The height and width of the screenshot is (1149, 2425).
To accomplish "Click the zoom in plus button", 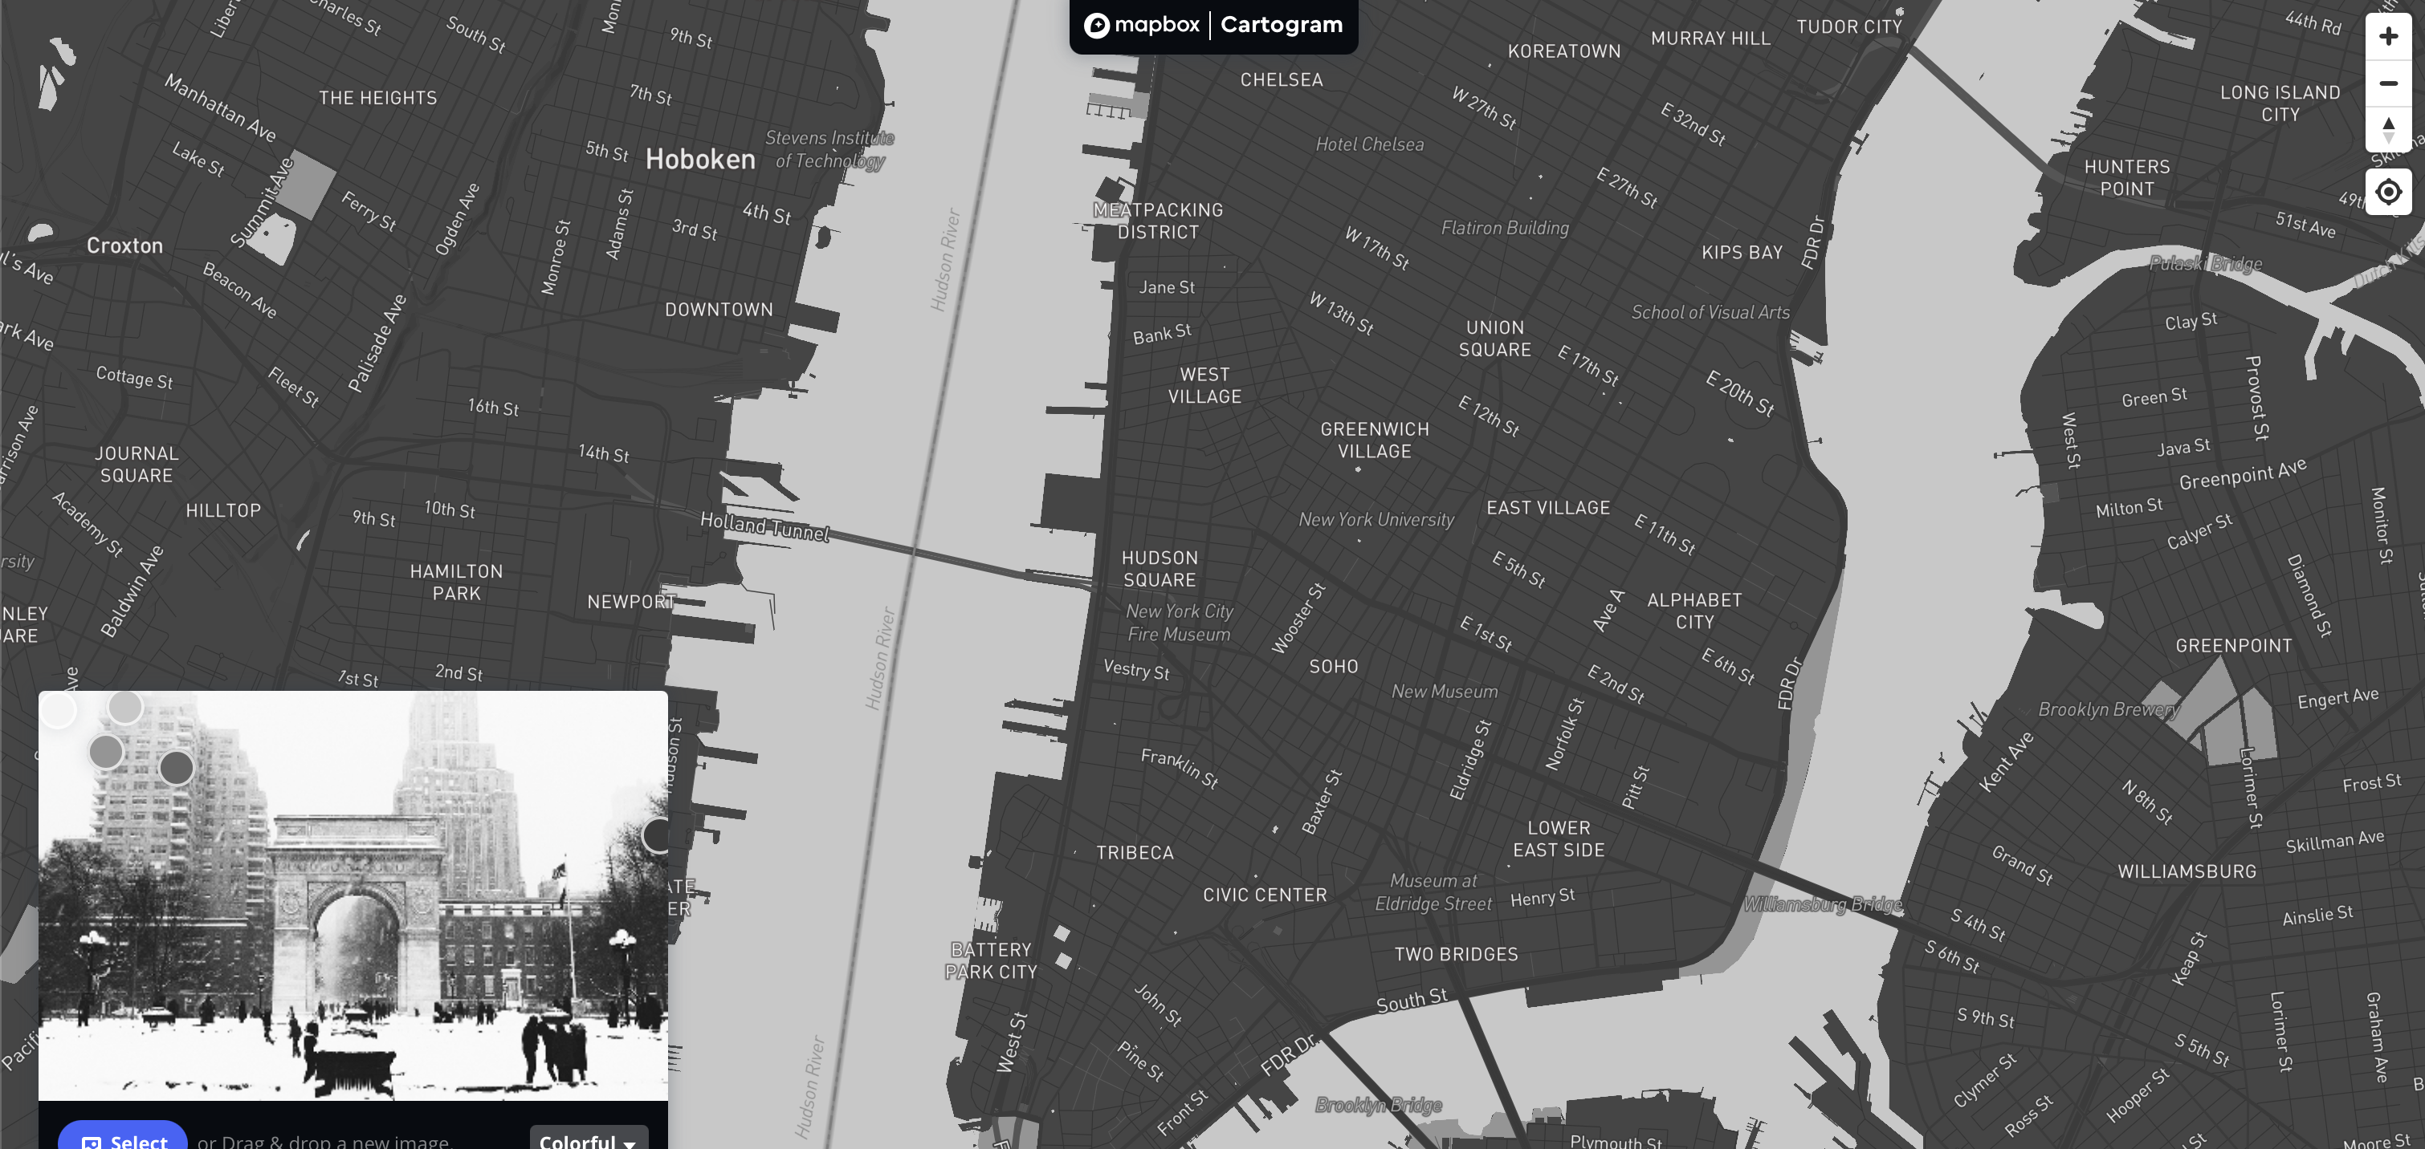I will pos(2387,37).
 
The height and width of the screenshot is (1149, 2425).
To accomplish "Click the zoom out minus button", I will pos(2387,83).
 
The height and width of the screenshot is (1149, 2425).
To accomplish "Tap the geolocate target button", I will pos(2387,192).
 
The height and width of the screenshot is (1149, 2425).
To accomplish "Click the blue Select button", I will pos(124,1139).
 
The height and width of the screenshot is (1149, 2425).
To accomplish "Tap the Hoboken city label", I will pos(700,159).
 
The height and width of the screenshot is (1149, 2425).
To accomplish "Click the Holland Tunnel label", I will pos(764,526).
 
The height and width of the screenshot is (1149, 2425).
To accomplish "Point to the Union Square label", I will pos(1494,339).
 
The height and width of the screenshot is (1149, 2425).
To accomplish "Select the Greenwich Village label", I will pos(1375,440).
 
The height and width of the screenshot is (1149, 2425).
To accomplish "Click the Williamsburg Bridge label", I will pos(1823,904).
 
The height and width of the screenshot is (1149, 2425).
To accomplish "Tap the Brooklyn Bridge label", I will pos(1378,1104).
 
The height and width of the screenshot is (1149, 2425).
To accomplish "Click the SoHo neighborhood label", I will pos(1333,666).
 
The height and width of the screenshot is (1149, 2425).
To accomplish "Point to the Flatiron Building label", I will pos(1504,228).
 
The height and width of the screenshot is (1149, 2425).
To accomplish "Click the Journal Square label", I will pos(137,464).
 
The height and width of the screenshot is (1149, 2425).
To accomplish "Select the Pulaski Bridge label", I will pos(2205,263).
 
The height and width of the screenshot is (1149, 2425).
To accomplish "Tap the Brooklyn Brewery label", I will pos(2108,709).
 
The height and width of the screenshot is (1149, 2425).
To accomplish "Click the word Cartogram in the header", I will pos(1282,24).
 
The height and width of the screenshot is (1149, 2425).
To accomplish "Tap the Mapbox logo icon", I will pos(1097,26).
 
